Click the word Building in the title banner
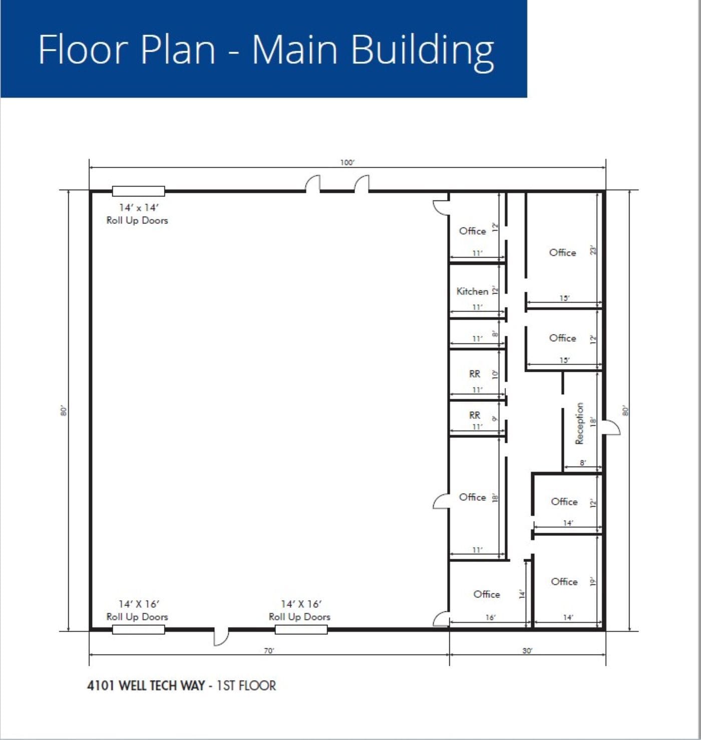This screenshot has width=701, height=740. click(x=422, y=50)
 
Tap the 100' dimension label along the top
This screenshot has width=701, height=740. click(x=347, y=162)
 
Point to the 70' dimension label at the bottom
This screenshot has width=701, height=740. click(x=269, y=651)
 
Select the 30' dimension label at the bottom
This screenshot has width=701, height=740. click(x=527, y=651)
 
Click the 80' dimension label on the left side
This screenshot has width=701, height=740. click(x=64, y=410)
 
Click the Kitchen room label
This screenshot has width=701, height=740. click(x=472, y=291)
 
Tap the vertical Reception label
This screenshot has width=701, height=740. click(x=580, y=423)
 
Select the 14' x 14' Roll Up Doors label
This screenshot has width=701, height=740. click(x=137, y=214)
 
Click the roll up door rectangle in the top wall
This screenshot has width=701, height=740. click(x=139, y=191)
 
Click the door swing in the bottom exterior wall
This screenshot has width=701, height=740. click(x=221, y=636)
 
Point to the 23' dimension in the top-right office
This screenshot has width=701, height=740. click(x=593, y=250)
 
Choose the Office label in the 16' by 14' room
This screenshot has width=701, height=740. click(x=487, y=594)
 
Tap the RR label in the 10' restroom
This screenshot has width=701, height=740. click(x=475, y=374)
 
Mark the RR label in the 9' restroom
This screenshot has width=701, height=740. click(x=475, y=415)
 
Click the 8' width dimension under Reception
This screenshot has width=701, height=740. click(x=582, y=463)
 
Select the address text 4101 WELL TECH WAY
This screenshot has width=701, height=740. click(x=146, y=685)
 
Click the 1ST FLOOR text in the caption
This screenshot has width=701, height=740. click(x=246, y=685)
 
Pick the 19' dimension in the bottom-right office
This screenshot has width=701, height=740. click(x=593, y=582)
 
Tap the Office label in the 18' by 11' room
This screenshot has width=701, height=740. click(x=472, y=497)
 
